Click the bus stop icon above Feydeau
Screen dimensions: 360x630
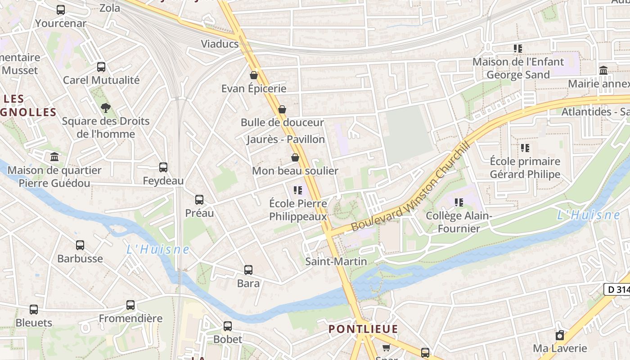tap(163, 167)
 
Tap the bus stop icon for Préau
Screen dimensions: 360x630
tap(199, 200)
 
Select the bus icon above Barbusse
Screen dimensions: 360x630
tap(80, 245)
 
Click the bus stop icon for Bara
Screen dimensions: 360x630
tap(248, 270)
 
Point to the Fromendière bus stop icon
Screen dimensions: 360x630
tap(130, 305)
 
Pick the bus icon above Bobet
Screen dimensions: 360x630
tap(228, 326)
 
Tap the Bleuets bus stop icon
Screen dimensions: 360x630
tap(34, 310)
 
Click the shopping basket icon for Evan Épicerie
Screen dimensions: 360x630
tap(254, 75)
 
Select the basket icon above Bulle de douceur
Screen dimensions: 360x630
tap(282, 109)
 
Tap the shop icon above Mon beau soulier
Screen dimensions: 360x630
tap(295, 157)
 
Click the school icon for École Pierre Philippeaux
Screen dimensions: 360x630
tap(297, 190)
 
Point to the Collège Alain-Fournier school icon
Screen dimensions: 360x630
tap(459, 202)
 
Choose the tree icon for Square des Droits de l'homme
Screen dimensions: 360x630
tap(106, 108)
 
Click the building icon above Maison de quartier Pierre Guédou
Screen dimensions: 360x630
tap(54, 157)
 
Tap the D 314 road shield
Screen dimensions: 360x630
tap(617, 290)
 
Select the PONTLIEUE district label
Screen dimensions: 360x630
tap(363, 329)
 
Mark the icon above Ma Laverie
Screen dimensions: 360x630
tap(560, 335)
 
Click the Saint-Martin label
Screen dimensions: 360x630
tap(336, 261)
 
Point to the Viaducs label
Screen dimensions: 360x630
tap(220, 44)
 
